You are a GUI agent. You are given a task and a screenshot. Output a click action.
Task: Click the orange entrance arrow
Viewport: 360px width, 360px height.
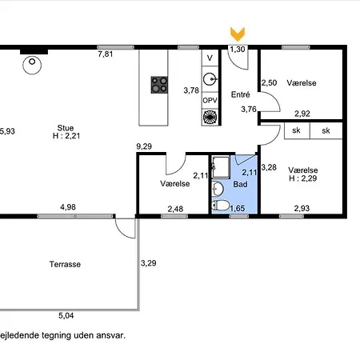pyautogui.click(x=238, y=34)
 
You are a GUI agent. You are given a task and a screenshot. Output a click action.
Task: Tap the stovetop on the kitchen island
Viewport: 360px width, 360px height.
pyautogui.click(x=159, y=85)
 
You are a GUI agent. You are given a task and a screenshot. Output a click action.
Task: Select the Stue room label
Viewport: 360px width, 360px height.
pyautogui.click(x=66, y=128)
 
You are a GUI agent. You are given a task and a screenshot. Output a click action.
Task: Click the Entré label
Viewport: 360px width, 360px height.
pyautogui.click(x=241, y=94)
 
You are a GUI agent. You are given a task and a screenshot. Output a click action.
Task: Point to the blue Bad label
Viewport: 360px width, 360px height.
pyautogui.click(x=240, y=184)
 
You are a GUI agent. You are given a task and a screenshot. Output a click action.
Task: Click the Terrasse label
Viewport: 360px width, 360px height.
pyautogui.click(x=65, y=264)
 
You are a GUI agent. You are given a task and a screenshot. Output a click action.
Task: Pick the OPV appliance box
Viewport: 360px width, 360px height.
pyautogui.click(x=210, y=101)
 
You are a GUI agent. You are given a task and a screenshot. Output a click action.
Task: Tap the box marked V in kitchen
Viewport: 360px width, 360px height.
pyautogui.click(x=210, y=58)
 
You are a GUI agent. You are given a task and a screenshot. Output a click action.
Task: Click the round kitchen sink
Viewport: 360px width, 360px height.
pyautogui.click(x=210, y=79)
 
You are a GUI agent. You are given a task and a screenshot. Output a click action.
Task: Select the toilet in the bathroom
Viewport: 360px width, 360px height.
pyautogui.click(x=221, y=206)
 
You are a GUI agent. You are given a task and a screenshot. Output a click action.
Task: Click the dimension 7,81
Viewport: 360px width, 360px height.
pyautogui.click(x=106, y=54)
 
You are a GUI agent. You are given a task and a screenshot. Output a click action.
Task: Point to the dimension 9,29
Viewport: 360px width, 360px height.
pyautogui.click(x=144, y=146)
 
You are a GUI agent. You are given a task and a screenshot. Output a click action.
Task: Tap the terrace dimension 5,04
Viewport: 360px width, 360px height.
pyautogui.click(x=66, y=316)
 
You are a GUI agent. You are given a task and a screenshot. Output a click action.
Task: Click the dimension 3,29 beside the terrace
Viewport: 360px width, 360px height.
pyautogui.click(x=149, y=263)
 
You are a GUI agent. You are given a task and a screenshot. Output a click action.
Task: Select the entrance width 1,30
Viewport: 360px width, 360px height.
pyautogui.click(x=238, y=50)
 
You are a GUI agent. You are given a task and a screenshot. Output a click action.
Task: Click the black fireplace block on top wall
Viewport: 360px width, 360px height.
pyautogui.click(x=34, y=52)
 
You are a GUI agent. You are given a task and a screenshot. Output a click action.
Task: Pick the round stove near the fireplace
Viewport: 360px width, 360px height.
pyautogui.click(x=32, y=65)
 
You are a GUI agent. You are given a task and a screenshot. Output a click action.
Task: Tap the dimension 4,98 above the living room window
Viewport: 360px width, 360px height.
pyautogui.click(x=68, y=207)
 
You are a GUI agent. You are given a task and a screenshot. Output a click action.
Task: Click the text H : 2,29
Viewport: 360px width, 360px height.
pyautogui.click(x=303, y=178)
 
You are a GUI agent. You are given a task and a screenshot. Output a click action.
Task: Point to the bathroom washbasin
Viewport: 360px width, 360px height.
pyautogui.click(x=218, y=188)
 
